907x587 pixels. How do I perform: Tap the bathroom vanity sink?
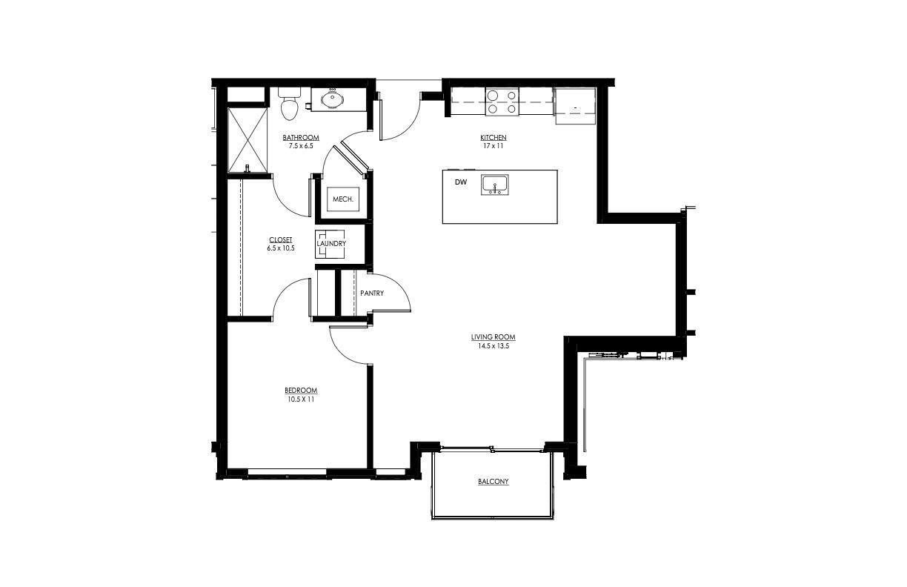coord(332,98)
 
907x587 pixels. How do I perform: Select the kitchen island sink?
coord(494,184)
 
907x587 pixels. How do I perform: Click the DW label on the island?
coord(460,182)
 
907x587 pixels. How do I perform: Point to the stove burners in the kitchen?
coord(502,102)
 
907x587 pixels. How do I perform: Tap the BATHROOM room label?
coord(301,138)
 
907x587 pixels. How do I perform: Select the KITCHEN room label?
coord(494,138)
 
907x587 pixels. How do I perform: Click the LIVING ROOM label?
coord(494,337)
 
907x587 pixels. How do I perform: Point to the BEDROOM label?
coord(301,391)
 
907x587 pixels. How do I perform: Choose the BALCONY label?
coord(494,482)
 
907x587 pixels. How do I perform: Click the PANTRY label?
coord(372,293)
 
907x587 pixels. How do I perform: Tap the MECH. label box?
coord(342,199)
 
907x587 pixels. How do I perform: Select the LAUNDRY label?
coord(331,243)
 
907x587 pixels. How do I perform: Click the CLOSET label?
coord(281,239)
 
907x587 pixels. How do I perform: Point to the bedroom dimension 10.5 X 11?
coord(301,399)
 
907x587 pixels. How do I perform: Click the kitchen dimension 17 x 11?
coord(494,146)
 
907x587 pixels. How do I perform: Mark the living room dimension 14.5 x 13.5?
coord(494,345)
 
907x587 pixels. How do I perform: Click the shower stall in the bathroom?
coord(247,139)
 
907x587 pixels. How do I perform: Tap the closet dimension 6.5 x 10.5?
coord(281,248)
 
